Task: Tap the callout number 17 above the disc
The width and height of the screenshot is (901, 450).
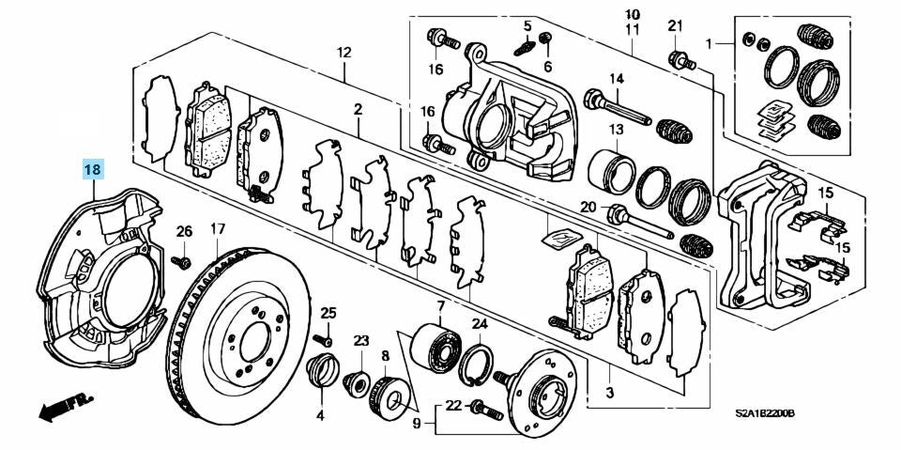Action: (217, 228)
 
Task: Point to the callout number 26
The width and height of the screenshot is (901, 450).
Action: (184, 231)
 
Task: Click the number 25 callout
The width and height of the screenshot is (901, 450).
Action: (328, 312)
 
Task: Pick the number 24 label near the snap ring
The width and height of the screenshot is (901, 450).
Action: (479, 324)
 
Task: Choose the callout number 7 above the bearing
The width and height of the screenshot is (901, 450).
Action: (439, 306)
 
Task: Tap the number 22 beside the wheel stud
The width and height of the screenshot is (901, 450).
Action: (453, 406)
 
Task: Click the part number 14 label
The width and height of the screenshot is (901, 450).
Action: (617, 78)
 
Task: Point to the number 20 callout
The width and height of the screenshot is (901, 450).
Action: (588, 208)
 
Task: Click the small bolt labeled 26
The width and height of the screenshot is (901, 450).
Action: (184, 260)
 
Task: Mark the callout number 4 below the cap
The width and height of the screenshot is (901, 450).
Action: (320, 414)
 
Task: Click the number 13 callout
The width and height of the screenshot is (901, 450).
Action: (617, 129)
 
